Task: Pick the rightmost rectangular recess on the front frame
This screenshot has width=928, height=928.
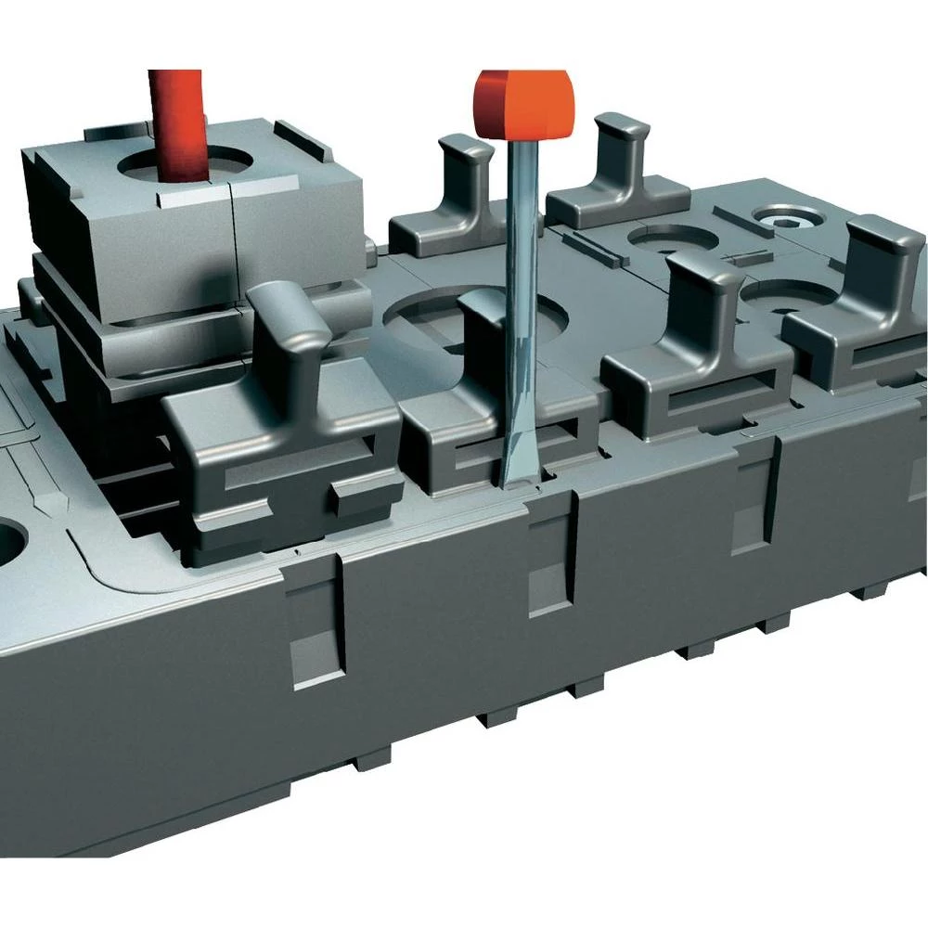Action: (x=752, y=506)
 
